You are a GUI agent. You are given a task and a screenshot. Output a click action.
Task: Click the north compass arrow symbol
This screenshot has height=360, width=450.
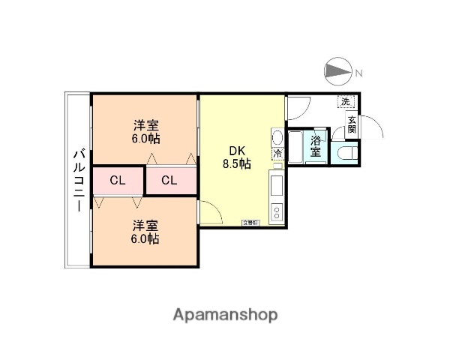coord(337,72)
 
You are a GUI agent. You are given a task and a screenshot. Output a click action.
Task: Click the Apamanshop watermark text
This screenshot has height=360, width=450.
coord(224,315)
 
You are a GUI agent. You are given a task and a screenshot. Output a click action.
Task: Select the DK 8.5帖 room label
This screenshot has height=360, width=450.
coord(235,156)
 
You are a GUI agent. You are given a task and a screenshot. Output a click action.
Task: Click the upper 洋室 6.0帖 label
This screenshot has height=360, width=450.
coord(146,130)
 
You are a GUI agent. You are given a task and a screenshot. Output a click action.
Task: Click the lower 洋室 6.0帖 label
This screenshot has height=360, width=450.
coord(146,232)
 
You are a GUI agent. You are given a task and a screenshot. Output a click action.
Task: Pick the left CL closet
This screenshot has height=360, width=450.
coord(117,181)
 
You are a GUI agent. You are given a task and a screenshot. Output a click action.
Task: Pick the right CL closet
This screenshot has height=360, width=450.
coord(169,181)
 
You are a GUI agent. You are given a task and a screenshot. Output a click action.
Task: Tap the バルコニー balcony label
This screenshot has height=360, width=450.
coord(78,180)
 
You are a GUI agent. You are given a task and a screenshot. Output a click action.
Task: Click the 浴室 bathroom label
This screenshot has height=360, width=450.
coord(316,145)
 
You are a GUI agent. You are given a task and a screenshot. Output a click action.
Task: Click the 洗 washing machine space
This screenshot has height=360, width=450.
coord(346,101)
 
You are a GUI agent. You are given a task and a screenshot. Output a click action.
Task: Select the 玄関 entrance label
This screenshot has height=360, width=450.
coord(351,123)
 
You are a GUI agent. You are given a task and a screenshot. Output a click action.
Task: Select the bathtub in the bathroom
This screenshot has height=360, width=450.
coord(295,146)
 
